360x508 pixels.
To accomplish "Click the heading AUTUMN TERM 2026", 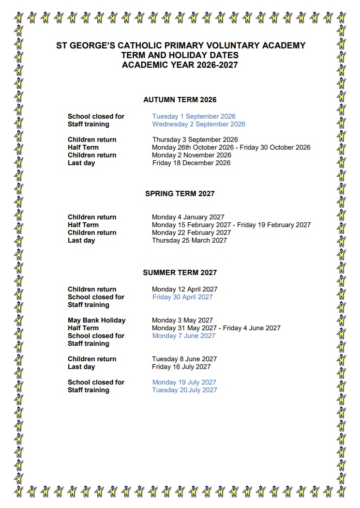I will [180, 100].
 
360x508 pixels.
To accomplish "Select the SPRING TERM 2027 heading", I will [180, 194].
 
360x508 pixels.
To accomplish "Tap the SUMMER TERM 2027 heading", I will [180, 273].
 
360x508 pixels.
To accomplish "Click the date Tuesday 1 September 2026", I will [194, 116].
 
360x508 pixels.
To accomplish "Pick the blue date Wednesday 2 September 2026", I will [198, 124].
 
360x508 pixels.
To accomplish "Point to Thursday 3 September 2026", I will [195, 139].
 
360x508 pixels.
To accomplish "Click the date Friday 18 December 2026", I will [191, 163].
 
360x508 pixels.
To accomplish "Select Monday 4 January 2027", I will [188, 217].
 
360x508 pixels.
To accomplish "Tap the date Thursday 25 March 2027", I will [189, 240].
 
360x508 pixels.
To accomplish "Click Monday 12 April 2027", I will [184, 289].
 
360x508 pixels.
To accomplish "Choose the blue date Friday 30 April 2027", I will [182, 297].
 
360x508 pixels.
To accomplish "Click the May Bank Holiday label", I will [96, 320].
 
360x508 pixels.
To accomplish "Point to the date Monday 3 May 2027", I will [182, 320].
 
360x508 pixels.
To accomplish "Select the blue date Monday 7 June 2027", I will [183, 336].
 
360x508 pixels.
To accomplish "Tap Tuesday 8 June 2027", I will [184, 359].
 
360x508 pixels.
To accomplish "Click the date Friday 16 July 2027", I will [181, 367].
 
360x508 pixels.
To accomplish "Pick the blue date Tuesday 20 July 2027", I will [184, 390].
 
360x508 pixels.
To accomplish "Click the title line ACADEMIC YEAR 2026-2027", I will [180, 64].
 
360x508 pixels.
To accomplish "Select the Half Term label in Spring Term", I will [83, 225].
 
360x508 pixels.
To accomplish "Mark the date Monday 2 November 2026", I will [191, 155].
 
